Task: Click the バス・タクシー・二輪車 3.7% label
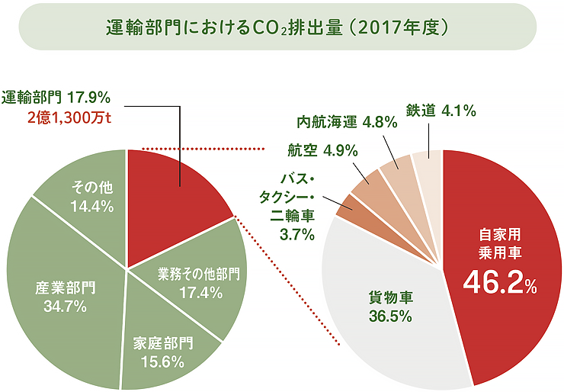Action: point(290,207)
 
